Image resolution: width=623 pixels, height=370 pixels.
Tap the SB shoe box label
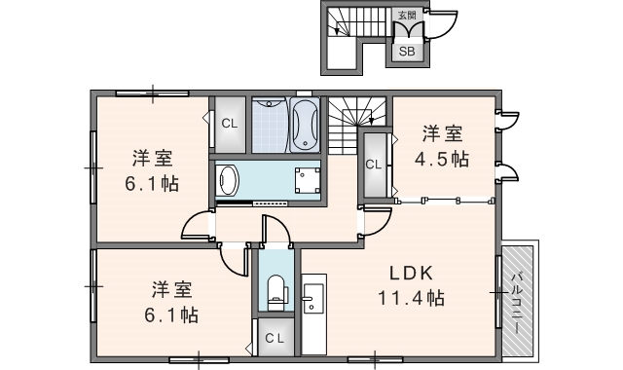click(x=406, y=52)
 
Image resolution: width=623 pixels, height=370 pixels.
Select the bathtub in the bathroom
click(x=305, y=126)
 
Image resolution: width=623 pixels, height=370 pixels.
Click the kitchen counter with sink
click(x=312, y=308)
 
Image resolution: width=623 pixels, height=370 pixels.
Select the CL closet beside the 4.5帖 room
click(x=373, y=165)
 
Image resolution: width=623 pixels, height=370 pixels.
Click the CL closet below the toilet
click(x=276, y=337)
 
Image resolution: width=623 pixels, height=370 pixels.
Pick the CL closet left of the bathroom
click(x=229, y=124)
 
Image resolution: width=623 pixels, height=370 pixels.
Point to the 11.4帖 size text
click(x=411, y=298)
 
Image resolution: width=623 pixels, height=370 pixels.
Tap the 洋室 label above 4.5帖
click(x=442, y=132)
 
